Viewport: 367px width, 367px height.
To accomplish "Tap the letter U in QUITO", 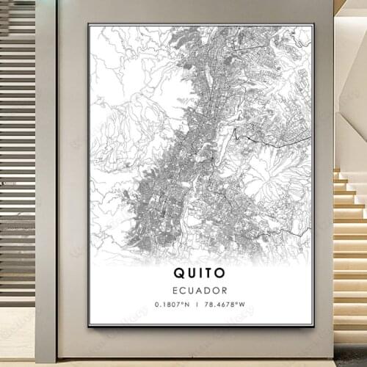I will click(189, 273).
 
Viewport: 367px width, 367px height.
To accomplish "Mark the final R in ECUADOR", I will click(225, 291).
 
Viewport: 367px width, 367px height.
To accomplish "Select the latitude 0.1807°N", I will click(171, 305).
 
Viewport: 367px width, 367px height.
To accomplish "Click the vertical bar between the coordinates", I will click(197, 305).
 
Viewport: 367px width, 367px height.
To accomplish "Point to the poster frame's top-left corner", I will click(89, 24).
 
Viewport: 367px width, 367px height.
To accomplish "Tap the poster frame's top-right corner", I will click(313, 24).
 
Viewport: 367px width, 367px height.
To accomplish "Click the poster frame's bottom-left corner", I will click(89, 325).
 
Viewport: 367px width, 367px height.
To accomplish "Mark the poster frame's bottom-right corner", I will click(313, 325).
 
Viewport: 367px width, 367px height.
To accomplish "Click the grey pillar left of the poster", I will click(46, 183).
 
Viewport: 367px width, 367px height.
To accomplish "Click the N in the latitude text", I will click(186, 305).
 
